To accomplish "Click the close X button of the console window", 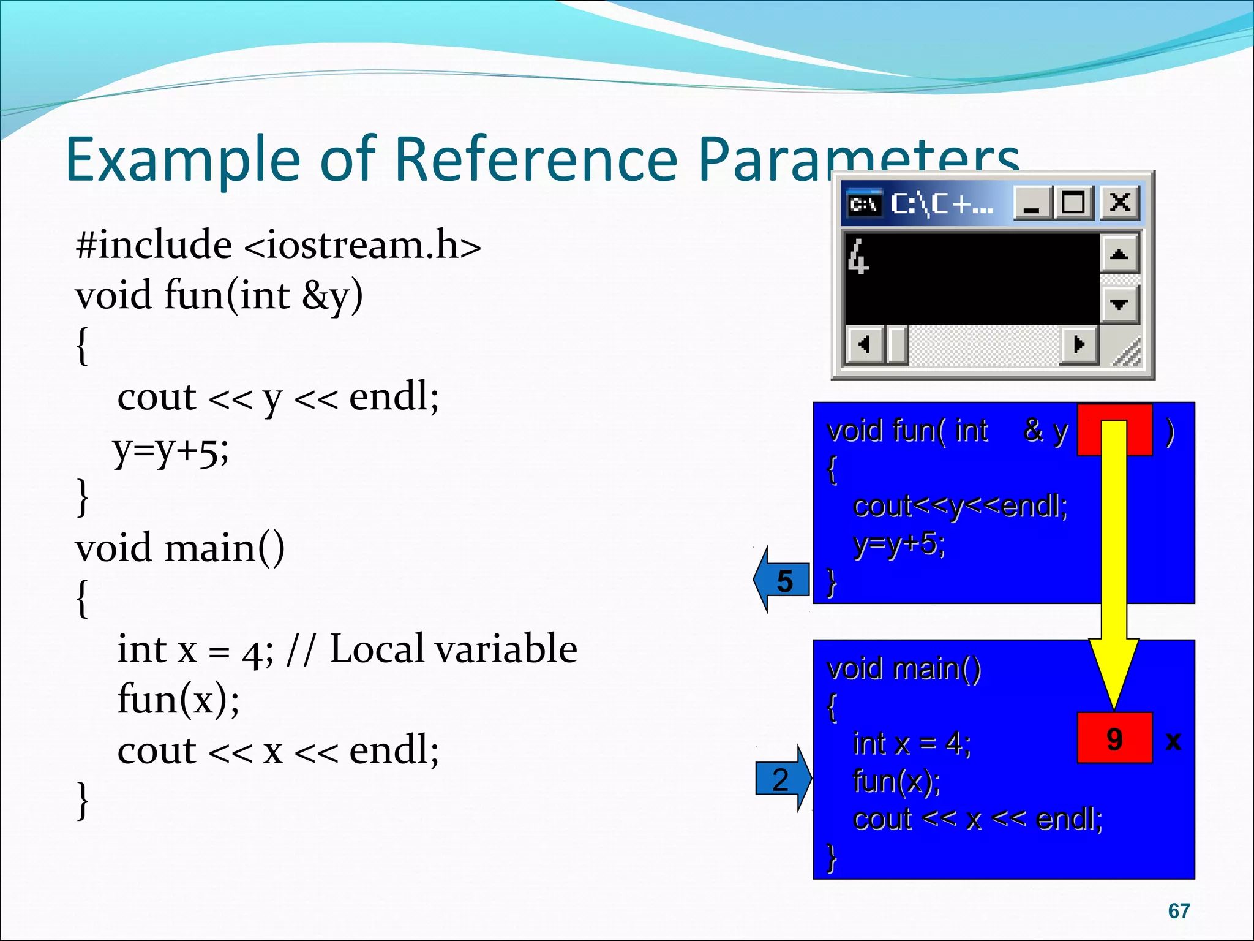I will click(1120, 202).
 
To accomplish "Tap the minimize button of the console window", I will click(1032, 202).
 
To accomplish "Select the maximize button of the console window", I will click(1073, 202).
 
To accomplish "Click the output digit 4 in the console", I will click(858, 257).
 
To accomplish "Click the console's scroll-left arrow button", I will click(863, 344).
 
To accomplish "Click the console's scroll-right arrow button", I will click(1079, 344).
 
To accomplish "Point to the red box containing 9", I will click(1114, 738).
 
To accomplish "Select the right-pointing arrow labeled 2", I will click(783, 779).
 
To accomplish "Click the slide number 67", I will click(1179, 911).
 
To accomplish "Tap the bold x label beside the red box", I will click(1173, 741).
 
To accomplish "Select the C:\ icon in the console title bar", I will click(864, 203).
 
